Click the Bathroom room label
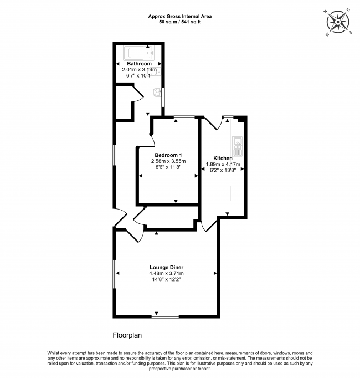pos(139,64)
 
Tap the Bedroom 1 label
pos(168,155)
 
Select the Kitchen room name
pos(223,158)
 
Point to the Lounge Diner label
pos(167,267)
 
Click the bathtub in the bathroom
pos(139,53)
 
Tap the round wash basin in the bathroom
pos(157,92)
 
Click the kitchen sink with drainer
pos(238,146)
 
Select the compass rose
pos(338,22)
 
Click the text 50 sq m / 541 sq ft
pos(180,22)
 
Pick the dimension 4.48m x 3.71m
pos(167,273)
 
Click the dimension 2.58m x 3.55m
pos(168,161)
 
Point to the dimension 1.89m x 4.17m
pos(223,164)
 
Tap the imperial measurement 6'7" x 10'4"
pos(140,75)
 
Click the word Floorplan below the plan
pos(127,335)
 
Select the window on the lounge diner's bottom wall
pos(165,316)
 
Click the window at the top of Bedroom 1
pos(184,117)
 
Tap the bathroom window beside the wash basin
pos(163,98)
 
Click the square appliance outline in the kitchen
pos(237,193)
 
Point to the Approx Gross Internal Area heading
pos(180,17)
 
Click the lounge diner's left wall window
pos(115,274)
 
